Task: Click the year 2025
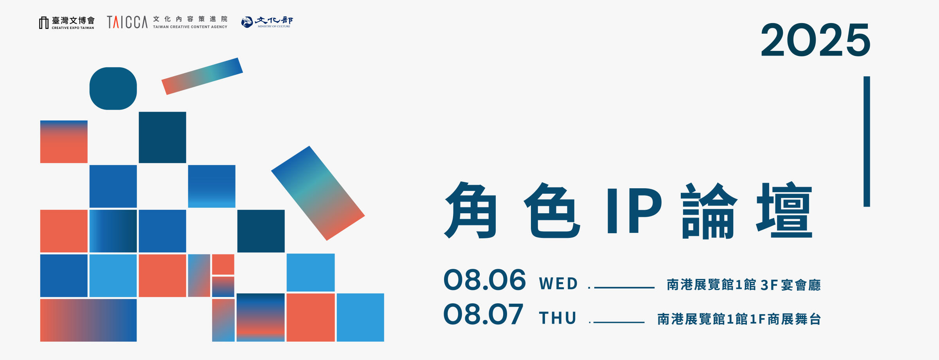(x=815, y=40)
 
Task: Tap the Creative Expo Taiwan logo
(x=67, y=23)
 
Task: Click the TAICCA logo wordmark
(x=127, y=22)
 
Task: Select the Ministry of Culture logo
(x=267, y=22)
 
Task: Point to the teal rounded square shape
(x=113, y=88)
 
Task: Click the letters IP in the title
(x=634, y=211)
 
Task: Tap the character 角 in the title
(x=471, y=210)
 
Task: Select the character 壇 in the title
(x=784, y=210)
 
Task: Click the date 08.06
(x=484, y=280)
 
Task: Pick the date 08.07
(x=483, y=314)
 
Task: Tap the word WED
(x=558, y=284)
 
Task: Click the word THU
(x=558, y=318)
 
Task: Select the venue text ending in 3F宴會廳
(x=743, y=285)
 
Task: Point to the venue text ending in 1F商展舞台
(x=739, y=319)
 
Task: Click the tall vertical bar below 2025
(x=867, y=141)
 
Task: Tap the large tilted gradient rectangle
(x=318, y=193)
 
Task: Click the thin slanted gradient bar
(x=202, y=76)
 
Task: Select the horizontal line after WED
(x=624, y=288)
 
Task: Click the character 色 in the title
(x=552, y=210)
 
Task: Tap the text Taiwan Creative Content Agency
(x=190, y=27)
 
